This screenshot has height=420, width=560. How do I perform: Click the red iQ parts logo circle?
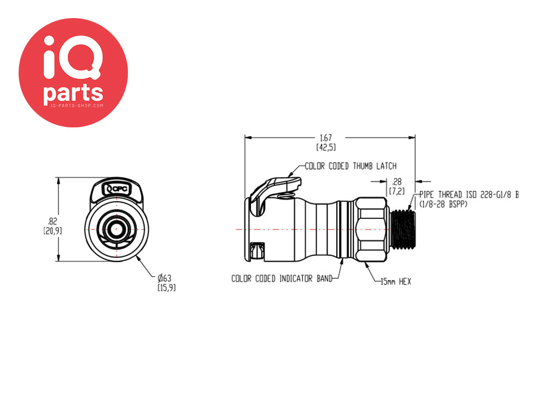click(73, 73)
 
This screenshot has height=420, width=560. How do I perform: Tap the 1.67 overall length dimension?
click(326, 137)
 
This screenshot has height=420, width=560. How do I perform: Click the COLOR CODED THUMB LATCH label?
click(351, 166)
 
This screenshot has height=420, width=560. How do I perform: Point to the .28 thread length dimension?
click(397, 182)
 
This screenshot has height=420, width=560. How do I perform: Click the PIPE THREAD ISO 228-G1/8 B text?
click(469, 195)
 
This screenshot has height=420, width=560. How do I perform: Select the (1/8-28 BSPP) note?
click(443, 205)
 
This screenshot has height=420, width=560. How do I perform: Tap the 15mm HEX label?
click(396, 282)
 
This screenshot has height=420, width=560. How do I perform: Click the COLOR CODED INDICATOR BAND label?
click(282, 278)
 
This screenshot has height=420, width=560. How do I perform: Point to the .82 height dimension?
click(52, 221)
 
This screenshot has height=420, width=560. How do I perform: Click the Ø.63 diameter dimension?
click(165, 278)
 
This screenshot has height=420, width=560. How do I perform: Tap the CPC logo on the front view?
click(116, 189)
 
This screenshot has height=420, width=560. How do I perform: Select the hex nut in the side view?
click(371, 230)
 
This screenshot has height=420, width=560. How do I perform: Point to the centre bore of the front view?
click(115, 229)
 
